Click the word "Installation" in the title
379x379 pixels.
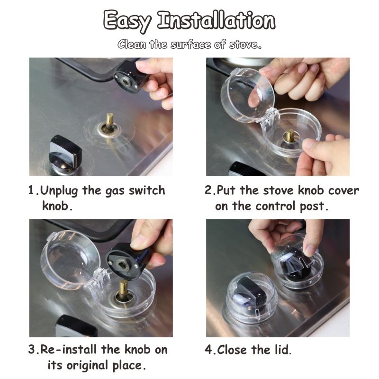point(216,20)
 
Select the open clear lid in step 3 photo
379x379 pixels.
point(70,260)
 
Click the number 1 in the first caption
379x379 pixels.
point(31,190)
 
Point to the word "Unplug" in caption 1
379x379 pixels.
point(59,191)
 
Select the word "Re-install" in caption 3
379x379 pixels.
point(68,350)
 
